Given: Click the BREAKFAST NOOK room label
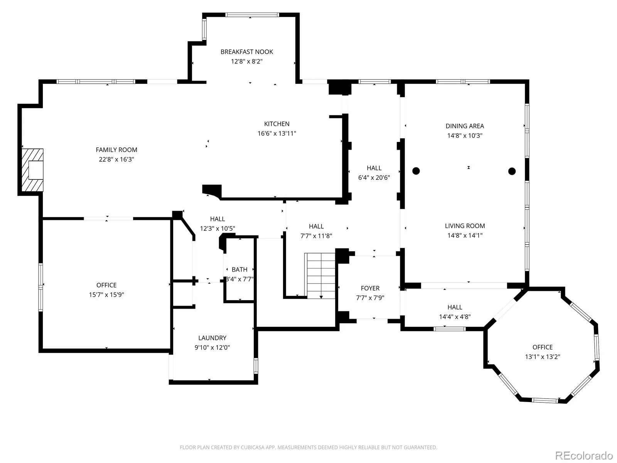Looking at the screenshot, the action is click(246, 52).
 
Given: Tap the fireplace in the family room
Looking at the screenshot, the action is click(32, 170).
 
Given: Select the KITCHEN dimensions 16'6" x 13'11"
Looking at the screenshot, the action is click(277, 133).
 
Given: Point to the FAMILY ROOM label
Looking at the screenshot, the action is click(116, 150).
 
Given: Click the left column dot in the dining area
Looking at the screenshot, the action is click(416, 171).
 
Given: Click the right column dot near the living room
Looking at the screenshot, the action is click(512, 171).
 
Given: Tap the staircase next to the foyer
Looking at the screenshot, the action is click(320, 276).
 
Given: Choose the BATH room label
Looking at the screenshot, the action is click(239, 270).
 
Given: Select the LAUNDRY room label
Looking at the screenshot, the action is click(212, 338).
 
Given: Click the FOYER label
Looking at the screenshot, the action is click(370, 288).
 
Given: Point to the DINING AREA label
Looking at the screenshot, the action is click(465, 126).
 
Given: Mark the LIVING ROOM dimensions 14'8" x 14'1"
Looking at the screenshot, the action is click(465, 235).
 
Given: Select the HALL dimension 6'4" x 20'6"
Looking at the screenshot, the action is click(374, 177).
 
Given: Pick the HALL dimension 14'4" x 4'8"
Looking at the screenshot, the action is click(455, 317).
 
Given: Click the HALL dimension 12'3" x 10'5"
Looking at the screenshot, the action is click(217, 228).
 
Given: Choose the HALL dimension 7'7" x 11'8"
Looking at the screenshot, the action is click(316, 236).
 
